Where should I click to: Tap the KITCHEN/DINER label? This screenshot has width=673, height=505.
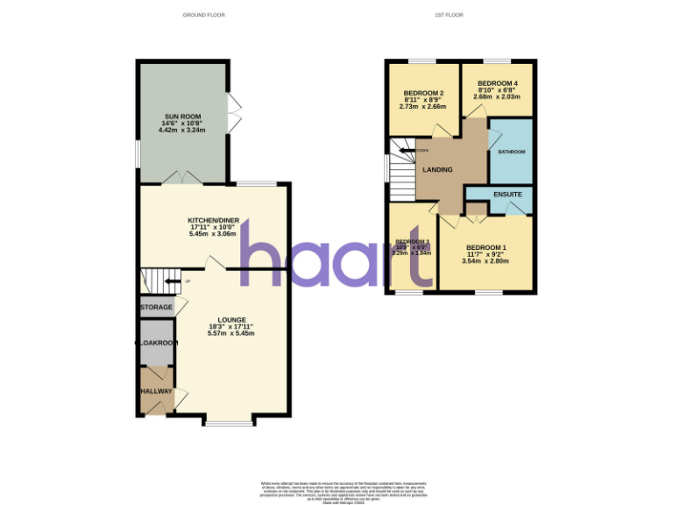[214, 220]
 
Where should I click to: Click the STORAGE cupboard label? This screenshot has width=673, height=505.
[157, 308]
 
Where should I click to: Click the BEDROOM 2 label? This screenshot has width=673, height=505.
[423, 94]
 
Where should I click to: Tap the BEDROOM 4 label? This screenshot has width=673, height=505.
[497, 83]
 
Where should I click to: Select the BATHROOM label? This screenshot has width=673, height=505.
[512, 152]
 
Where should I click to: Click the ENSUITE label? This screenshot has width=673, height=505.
[507, 194]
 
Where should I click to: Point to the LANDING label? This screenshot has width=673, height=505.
[437, 169]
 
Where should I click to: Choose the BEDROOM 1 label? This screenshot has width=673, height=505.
[485, 247]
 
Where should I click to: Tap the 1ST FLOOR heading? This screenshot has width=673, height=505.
[448, 15]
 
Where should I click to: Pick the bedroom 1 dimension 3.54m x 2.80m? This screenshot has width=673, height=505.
[485, 261]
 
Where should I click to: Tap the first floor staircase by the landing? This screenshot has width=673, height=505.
[403, 173]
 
